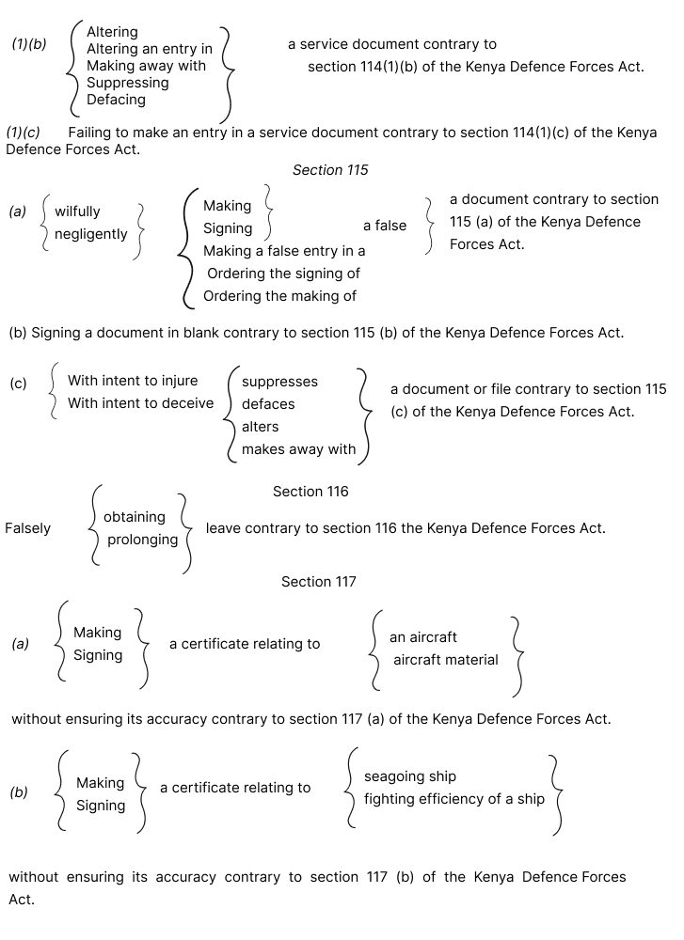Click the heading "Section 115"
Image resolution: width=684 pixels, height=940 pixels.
[330, 170]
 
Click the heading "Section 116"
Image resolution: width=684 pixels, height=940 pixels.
[310, 492]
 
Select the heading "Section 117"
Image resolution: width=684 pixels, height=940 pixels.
[319, 582]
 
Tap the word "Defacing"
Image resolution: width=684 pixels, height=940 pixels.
[116, 100]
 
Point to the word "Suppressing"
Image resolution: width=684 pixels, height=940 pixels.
[128, 83]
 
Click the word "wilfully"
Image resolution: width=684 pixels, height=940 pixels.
[77, 211]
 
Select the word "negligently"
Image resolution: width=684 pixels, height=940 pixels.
[91, 234]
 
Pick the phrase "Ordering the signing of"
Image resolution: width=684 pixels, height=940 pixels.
[283, 274]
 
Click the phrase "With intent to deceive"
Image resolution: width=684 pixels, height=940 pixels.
[141, 403]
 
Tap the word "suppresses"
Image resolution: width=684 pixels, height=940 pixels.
[279, 382]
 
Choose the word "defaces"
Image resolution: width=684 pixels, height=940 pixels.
[268, 404]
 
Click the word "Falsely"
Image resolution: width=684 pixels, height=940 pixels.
[28, 528]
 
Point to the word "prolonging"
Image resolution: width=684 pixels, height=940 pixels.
[142, 540]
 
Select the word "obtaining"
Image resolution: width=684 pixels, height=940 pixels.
[135, 517]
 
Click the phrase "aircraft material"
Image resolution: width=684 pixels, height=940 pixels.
[446, 660]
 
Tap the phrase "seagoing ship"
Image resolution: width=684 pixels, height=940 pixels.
[410, 776]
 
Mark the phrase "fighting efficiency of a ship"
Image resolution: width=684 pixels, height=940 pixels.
[454, 799]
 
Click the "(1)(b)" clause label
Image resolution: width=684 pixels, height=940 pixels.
[29, 44]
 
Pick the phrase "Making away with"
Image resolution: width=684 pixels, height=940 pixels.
[146, 66]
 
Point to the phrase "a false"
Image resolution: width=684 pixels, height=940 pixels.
[385, 226]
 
